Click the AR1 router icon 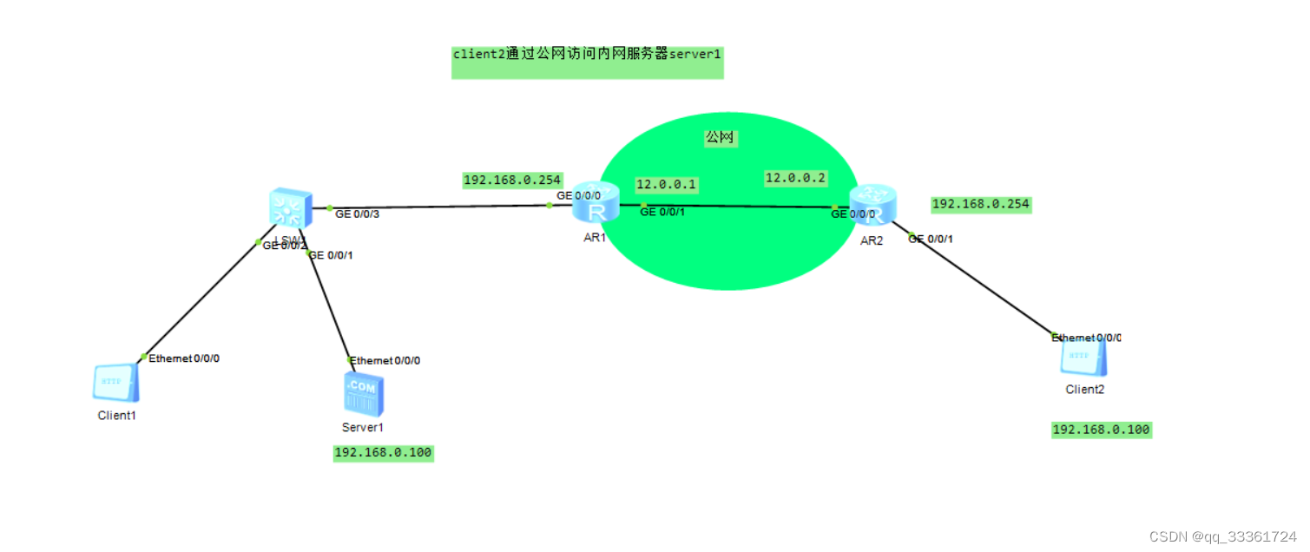click(596, 207)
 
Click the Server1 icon click(362, 395)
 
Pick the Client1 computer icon click(115, 383)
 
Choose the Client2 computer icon click(1085, 358)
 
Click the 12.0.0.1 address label click(667, 184)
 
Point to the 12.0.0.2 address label click(795, 178)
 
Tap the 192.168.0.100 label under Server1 click(383, 453)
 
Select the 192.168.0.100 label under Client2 click(1102, 430)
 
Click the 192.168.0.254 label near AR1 click(512, 181)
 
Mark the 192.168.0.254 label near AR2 click(980, 205)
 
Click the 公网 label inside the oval click(721, 137)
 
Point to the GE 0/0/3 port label click(357, 214)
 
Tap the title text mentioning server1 click(587, 54)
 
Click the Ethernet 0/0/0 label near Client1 click(184, 358)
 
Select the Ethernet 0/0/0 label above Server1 click(385, 360)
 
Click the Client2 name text click(1085, 390)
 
